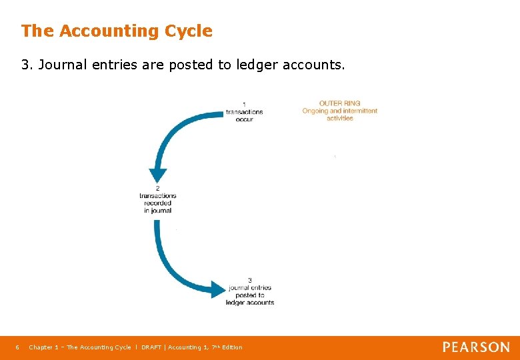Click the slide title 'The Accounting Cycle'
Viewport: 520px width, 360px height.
117,31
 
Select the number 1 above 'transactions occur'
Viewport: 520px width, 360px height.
244,104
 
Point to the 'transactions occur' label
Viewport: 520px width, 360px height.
244,115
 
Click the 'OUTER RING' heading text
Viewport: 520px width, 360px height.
339,103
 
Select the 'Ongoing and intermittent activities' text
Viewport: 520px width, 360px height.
339,114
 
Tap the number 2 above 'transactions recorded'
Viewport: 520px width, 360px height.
157,188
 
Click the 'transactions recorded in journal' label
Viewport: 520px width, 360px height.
157,203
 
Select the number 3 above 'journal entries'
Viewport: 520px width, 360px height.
249,280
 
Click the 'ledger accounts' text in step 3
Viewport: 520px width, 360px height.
250,303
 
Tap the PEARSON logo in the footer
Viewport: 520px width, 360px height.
476,347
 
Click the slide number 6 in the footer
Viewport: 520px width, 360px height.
17,347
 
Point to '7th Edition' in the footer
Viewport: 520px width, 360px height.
227,347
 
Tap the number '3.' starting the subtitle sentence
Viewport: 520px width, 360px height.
27,65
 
